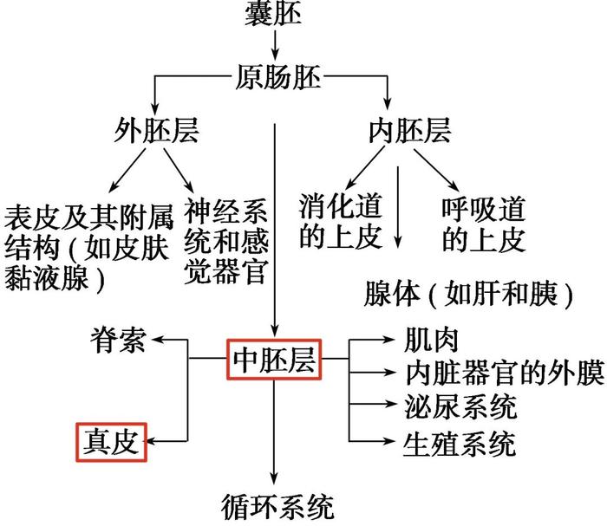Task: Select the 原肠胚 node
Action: click(x=278, y=77)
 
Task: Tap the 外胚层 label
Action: click(x=156, y=130)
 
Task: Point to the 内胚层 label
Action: click(x=409, y=130)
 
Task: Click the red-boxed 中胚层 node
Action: click(x=274, y=360)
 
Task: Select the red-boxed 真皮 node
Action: click(x=112, y=442)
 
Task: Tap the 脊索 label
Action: click(x=118, y=341)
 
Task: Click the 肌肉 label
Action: click(x=431, y=340)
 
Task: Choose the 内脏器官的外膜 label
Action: click(x=505, y=373)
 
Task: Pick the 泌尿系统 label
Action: click(x=460, y=406)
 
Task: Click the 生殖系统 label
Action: click(x=460, y=444)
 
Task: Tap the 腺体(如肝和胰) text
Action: click(x=468, y=294)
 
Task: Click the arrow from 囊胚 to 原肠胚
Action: click(x=275, y=45)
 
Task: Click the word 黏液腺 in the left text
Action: click(x=47, y=278)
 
